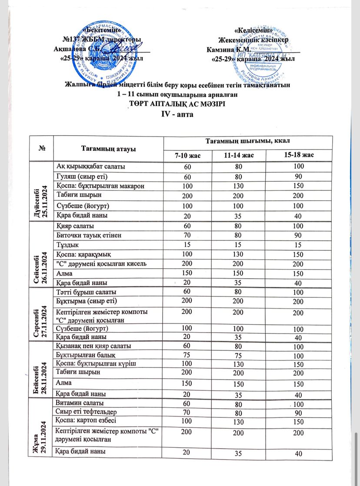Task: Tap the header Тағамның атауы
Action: tap(107, 149)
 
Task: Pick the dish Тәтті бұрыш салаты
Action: tap(84, 292)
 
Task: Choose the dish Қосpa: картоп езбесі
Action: tap(84, 421)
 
